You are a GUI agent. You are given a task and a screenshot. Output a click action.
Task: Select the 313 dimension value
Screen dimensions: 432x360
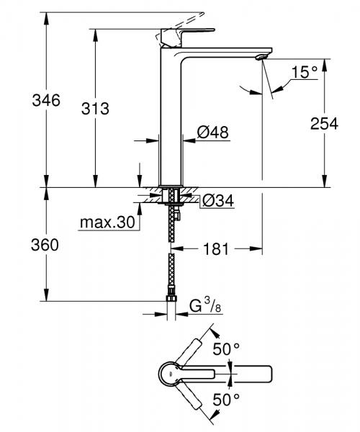pyautogui.click(x=94, y=109)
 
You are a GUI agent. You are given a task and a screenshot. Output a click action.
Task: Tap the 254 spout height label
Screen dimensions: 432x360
pyautogui.click(x=324, y=123)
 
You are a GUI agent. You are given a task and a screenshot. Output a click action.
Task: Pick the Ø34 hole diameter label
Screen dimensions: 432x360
pyautogui.click(x=218, y=200)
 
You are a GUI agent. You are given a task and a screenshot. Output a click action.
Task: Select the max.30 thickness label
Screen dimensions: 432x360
pyautogui.click(x=107, y=223)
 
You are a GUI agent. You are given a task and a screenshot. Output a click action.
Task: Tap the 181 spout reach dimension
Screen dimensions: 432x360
pyautogui.click(x=215, y=249)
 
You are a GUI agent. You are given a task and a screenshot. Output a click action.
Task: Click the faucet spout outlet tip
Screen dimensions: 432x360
pyautogui.click(x=262, y=57)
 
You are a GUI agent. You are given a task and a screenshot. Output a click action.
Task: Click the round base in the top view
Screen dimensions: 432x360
pyautogui.click(x=167, y=373)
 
